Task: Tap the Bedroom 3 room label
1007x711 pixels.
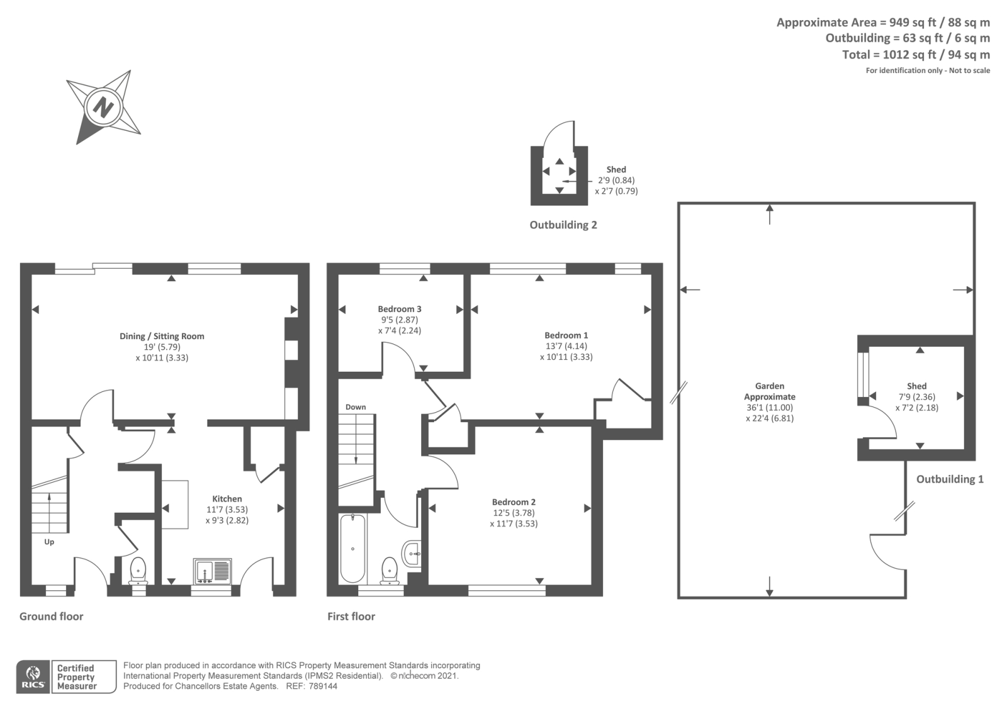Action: [x=400, y=309]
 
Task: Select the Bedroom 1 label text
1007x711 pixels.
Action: [x=566, y=335]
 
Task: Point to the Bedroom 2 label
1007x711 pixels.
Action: [x=514, y=502]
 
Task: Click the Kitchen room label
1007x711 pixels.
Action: [x=227, y=498]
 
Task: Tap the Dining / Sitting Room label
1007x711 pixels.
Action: [x=162, y=336]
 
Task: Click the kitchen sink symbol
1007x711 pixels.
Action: [x=213, y=571]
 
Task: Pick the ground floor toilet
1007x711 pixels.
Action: [x=138, y=571]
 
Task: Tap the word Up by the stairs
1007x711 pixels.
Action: [x=49, y=542]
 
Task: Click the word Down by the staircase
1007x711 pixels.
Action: [x=356, y=407]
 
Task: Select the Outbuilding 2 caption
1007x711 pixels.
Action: [x=563, y=225]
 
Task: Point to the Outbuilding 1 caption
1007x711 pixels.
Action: [x=949, y=479]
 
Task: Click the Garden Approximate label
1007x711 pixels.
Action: [x=769, y=391]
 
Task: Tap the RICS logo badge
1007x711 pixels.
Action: [x=33, y=677]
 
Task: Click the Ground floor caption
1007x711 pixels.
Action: [x=51, y=616]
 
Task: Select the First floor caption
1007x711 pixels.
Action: [x=351, y=616]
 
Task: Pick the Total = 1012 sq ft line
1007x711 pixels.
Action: [x=915, y=55]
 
